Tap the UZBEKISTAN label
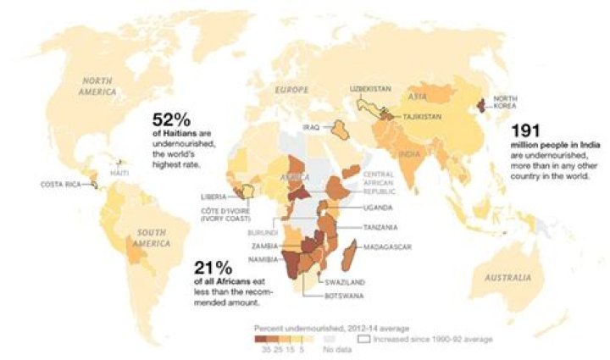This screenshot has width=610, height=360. [x=370, y=88]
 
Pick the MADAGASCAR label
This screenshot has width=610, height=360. [x=387, y=246]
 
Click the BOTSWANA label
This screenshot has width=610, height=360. [x=346, y=296]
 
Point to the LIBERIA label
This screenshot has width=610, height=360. [x=213, y=197]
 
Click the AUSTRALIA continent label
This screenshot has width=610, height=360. [x=507, y=278]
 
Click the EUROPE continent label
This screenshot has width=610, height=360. [x=291, y=89]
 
